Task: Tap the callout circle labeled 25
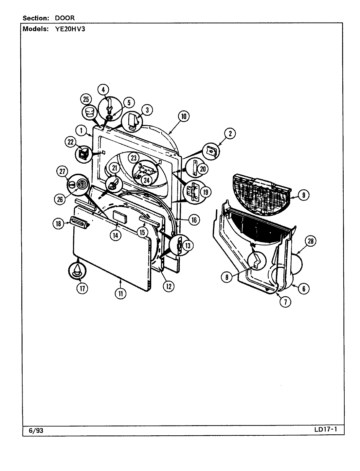(86, 99)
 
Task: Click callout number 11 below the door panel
(121, 293)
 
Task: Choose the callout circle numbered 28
(310, 241)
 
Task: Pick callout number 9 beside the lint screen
(303, 195)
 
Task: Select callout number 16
(193, 220)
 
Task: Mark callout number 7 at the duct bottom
(285, 302)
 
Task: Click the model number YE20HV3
(68, 28)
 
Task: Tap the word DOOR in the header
(63, 18)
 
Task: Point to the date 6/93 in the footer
(33, 431)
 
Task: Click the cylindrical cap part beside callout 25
(90, 113)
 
